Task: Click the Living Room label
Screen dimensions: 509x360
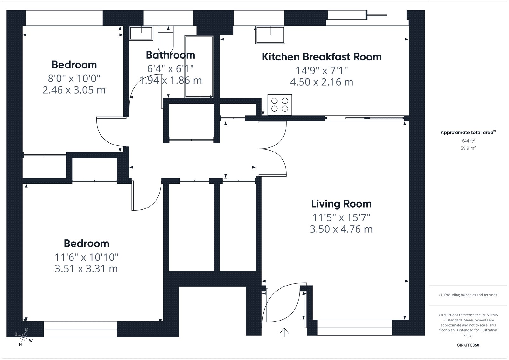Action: (341, 204)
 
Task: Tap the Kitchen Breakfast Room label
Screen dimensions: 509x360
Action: (322, 57)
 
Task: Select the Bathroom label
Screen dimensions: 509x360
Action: (170, 55)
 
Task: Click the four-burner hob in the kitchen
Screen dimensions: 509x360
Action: (280, 105)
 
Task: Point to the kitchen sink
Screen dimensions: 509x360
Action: (270, 35)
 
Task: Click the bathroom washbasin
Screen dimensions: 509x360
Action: (141, 33)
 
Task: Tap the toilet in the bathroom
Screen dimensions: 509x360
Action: (166, 39)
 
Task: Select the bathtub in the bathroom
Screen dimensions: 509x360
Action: (199, 67)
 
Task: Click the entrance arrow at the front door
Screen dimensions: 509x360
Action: (284, 333)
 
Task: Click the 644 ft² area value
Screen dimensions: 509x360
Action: (468, 141)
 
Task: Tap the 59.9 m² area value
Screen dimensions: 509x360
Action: (468, 148)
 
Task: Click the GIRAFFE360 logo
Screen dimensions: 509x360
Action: (468, 345)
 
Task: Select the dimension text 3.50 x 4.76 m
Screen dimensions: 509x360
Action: (341, 229)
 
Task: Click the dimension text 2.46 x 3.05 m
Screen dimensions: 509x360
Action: (74, 90)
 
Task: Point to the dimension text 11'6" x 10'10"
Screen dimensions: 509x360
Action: (86, 257)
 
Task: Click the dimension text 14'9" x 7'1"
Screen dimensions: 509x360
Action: (322, 70)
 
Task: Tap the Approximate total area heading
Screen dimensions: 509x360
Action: (468, 132)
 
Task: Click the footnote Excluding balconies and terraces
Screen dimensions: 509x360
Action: (468, 295)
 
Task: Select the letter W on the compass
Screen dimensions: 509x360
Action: (31, 341)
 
